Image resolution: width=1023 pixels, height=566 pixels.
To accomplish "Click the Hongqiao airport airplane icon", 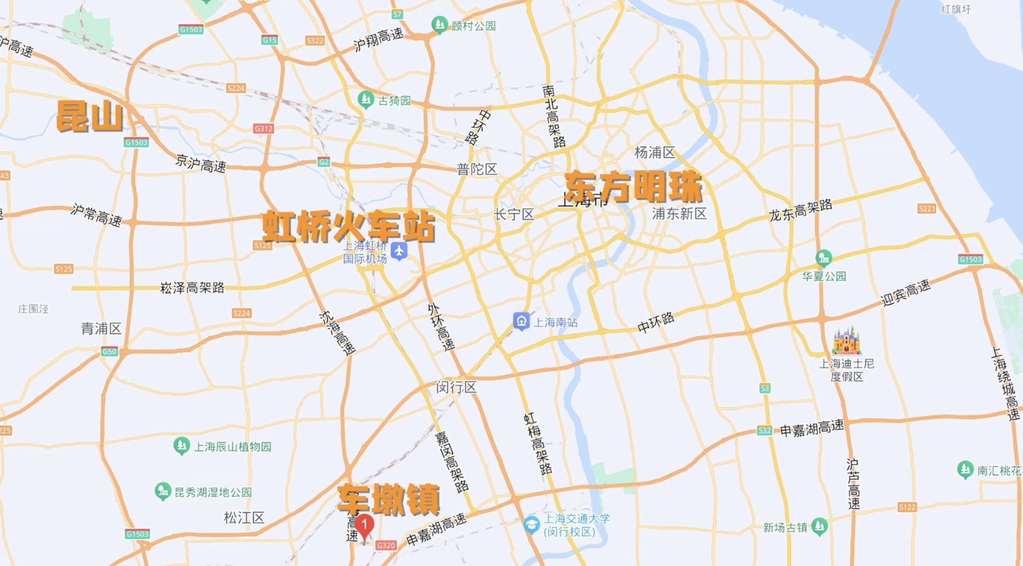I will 399,251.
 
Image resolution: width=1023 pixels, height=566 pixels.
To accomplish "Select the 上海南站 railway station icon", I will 521,321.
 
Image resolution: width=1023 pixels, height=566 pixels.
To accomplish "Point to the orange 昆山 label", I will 90,116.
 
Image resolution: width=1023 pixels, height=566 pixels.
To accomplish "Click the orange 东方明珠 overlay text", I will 634,187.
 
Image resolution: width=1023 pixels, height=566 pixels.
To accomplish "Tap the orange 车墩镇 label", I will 389,499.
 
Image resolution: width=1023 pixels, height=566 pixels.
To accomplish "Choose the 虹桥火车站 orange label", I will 348,226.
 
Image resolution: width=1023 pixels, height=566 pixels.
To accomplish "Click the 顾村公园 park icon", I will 439,24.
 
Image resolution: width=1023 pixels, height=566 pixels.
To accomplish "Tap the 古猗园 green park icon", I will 365,100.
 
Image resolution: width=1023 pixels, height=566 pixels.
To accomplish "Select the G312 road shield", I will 263,128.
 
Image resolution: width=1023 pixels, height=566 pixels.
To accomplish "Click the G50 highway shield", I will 109,351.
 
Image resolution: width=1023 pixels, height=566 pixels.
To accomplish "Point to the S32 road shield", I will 764,431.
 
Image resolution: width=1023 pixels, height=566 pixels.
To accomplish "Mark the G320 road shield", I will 386,545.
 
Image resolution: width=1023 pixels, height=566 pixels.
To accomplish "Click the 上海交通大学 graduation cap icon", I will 532,525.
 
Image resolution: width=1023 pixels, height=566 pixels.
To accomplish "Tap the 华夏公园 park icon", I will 824,258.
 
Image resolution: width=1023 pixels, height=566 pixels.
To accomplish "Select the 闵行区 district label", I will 456,387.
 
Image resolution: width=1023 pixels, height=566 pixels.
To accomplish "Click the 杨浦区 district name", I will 655,153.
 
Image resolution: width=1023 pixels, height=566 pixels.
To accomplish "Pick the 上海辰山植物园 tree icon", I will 181,446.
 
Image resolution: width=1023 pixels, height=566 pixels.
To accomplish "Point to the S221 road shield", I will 927,208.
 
